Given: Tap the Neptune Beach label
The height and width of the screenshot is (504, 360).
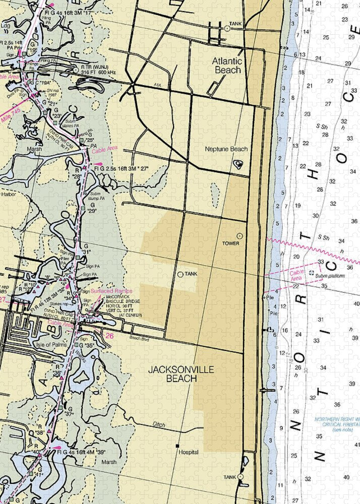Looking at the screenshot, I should [x=226, y=149].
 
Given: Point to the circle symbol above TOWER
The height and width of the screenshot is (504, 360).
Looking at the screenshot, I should [x=239, y=235].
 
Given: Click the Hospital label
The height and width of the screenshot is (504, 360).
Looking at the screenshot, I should [x=188, y=453].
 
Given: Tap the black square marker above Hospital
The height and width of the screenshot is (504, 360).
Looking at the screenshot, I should [x=177, y=446].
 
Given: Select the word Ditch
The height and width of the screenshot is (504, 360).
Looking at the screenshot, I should [x=158, y=425].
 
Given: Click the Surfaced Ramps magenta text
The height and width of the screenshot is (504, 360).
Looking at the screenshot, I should [x=111, y=291].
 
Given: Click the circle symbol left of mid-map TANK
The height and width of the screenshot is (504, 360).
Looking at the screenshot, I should [x=181, y=274].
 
